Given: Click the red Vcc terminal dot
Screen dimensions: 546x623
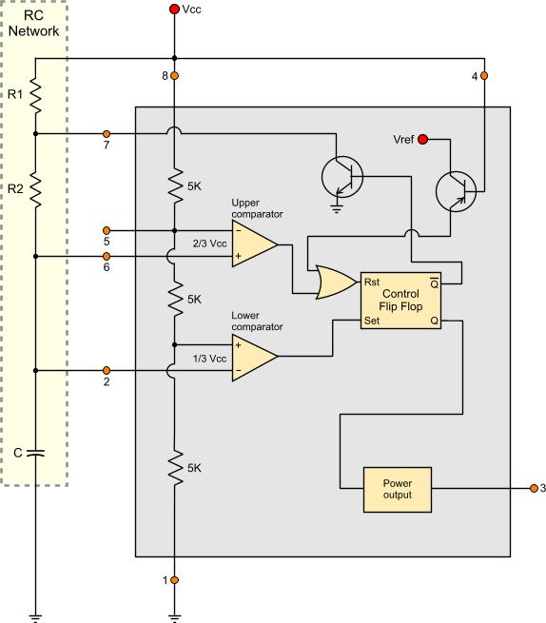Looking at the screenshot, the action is pyautogui.click(x=174, y=9).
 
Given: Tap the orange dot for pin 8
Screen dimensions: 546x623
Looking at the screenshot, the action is pyautogui.click(x=174, y=75).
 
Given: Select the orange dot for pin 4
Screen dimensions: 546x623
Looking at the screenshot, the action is pyautogui.click(x=484, y=75).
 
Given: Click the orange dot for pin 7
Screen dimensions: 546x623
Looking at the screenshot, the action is pyautogui.click(x=107, y=134).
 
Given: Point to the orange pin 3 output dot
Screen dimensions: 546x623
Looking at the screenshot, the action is pyautogui.click(x=534, y=488).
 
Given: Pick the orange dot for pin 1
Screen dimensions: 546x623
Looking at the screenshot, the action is pyautogui.click(x=174, y=580).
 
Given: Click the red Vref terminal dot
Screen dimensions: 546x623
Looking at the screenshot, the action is pyautogui.click(x=422, y=140).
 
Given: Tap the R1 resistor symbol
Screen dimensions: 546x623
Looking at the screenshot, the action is pyautogui.click(x=35, y=95).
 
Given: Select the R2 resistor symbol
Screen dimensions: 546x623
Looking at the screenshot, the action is pyautogui.click(x=35, y=189).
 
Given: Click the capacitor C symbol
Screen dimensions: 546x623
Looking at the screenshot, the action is pyautogui.click(x=35, y=453).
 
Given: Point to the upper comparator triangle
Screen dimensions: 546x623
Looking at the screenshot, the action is pyautogui.click(x=255, y=243).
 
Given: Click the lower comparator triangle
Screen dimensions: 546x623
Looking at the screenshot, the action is pyautogui.click(x=255, y=357).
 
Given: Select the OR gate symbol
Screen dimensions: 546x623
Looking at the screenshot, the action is pyautogui.click(x=336, y=282).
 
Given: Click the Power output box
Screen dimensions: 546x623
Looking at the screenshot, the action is pyautogui.click(x=398, y=490).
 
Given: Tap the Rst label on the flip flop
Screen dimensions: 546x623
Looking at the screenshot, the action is pyautogui.click(x=372, y=282).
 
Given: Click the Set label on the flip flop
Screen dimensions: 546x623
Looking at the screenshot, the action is pyautogui.click(x=372, y=321).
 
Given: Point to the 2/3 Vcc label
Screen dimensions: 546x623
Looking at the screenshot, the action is pyautogui.click(x=210, y=243).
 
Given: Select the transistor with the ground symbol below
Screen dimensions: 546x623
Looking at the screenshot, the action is pyautogui.click(x=342, y=177).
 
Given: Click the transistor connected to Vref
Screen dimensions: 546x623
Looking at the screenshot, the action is pyautogui.click(x=456, y=191).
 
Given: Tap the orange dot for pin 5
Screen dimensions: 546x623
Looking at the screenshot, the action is pyautogui.click(x=107, y=230).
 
